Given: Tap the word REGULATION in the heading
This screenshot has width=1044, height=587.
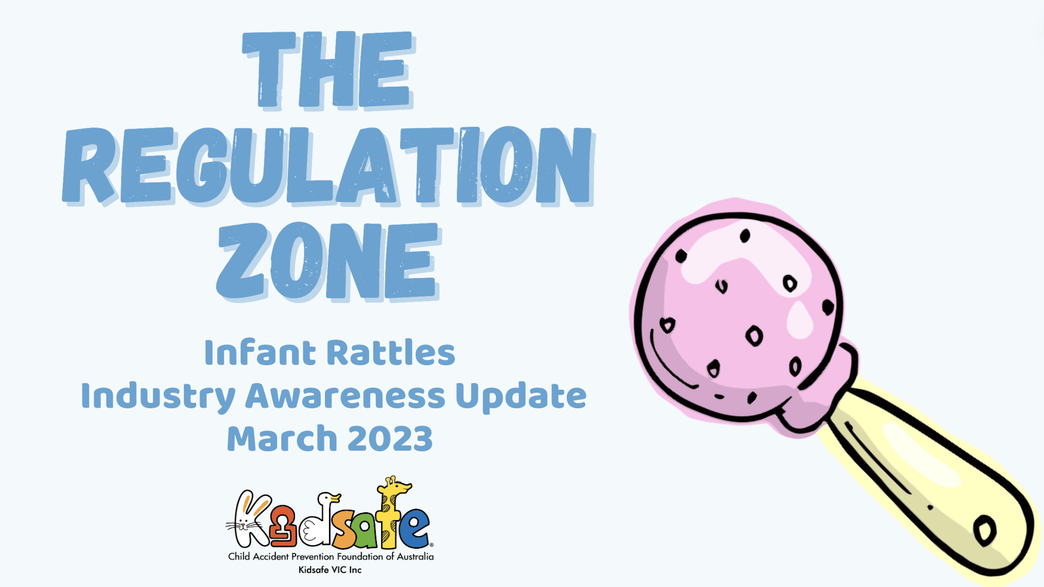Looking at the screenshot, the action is coord(328,166).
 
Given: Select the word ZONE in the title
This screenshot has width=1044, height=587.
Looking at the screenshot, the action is coord(328,261).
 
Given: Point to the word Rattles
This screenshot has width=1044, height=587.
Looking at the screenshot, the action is coord(392,353).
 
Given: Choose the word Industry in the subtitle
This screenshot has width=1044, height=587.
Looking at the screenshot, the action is coord(158,397).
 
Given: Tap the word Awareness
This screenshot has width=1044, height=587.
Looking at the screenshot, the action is coord(345,396).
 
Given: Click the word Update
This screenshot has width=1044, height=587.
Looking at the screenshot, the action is coord(521,397).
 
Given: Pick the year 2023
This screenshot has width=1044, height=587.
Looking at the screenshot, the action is coord(390,439).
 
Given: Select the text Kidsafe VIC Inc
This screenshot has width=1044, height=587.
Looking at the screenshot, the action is coord(330,570).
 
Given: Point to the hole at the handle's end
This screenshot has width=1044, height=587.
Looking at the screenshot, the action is coord(984,530).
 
